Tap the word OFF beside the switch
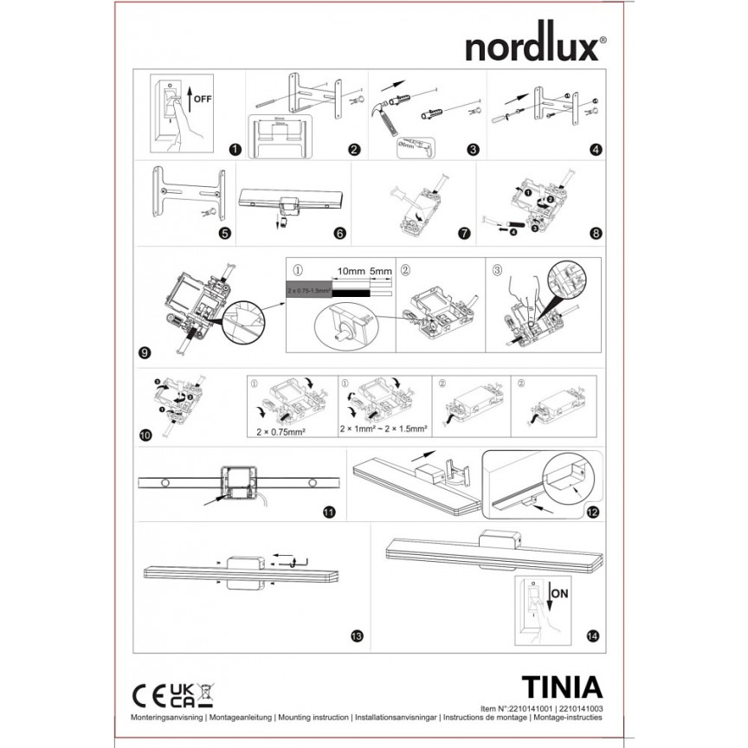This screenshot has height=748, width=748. pyautogui.click(x=202, y=100)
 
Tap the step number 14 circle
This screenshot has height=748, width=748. pyautogui.click(x=591, y=636)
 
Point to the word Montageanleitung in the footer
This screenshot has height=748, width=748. pyautogui.click(x=239, y=719)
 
